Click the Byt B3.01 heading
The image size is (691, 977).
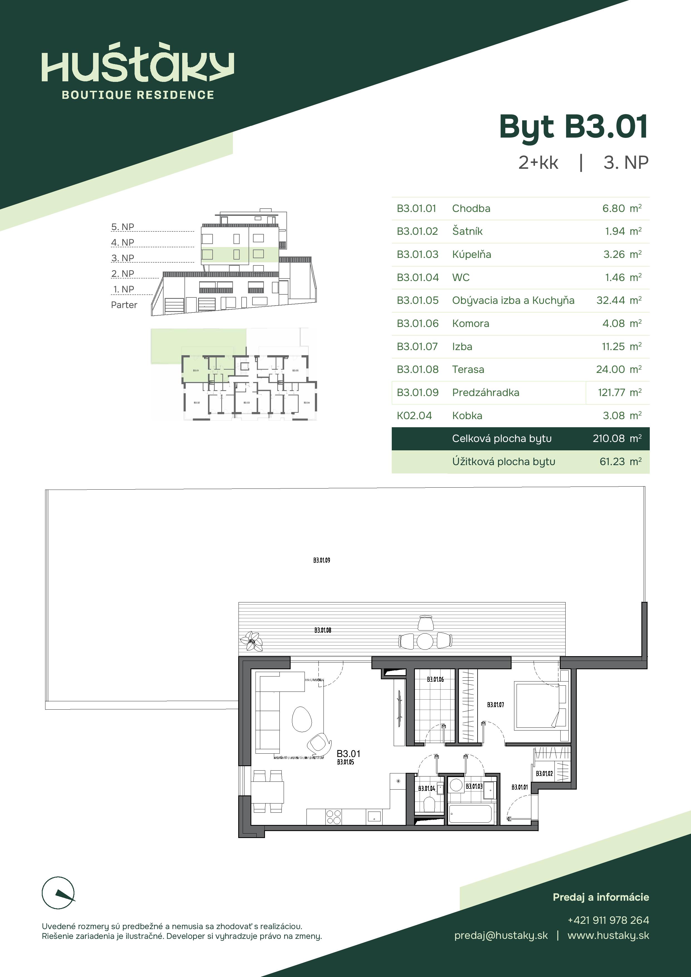pyautogui.click(x=573, y=127)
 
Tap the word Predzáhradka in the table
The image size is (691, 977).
pyautogui.click(x=485, y=392)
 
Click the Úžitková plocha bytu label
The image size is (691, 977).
pyautogui.click(x=503, y=462)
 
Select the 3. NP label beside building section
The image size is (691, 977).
pyautogui.click(x=123, y=258)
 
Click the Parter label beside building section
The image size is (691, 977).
pyautogui.click(x=124, y=305)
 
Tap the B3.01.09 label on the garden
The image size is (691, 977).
pyautogui.click(x=322, y=560)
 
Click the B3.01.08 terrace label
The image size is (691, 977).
pyautogui.click(x=323, y=630)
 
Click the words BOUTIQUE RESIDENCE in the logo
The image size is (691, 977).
pyautogui.click(x=138, y=95)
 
